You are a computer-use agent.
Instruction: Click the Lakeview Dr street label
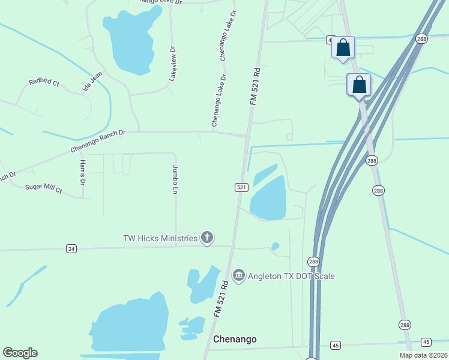(173, 64)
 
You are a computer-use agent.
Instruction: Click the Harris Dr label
(83, 173)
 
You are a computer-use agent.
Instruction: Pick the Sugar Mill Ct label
(43, 188)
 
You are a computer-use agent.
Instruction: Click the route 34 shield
(71, 248)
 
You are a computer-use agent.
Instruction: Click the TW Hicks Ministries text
(160, 238)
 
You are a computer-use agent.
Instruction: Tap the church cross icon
(207, 238)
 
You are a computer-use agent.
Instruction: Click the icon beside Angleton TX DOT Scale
(239, 275)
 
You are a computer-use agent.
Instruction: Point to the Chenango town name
(235, 339)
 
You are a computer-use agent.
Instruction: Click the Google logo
(20, 353)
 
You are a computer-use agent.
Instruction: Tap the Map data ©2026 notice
(423, 355)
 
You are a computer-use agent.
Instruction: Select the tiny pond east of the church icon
(275, 246)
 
